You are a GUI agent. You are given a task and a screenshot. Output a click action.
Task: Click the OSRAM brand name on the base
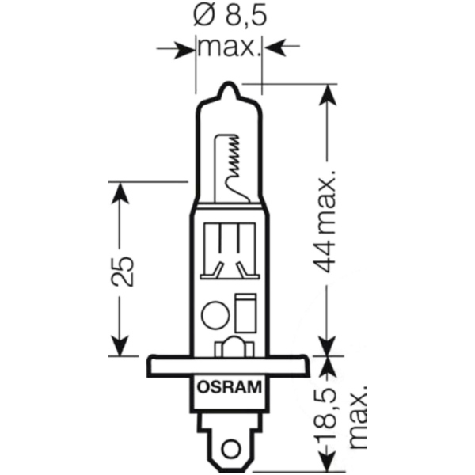(x=230, y=387)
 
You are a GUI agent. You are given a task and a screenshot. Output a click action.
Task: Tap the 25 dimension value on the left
(x=122, y=272)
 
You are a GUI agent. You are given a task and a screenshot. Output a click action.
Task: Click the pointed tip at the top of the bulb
(x=229, y=82)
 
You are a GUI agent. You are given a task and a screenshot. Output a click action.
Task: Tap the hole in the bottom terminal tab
(x=229, y=447)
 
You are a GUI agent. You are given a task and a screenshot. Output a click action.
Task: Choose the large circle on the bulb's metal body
(x=215, y=315)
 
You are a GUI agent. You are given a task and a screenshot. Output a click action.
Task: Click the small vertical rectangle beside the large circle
(x=245, y=313)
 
